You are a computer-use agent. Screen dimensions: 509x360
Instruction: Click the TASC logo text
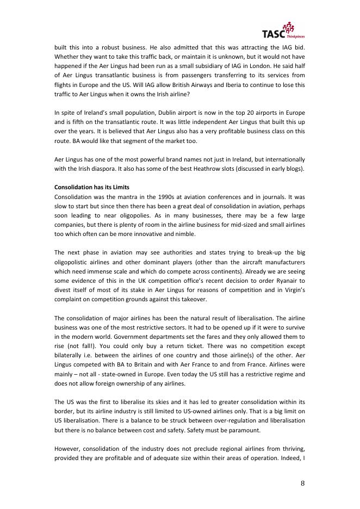272,32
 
